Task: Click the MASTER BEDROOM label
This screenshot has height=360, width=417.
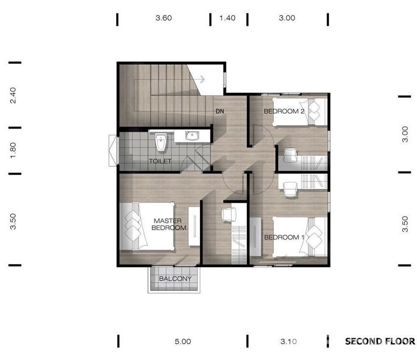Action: (169, 224)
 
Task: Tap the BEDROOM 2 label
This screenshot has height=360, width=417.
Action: (284, 112)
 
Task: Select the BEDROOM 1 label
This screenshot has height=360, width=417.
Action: (284, 237)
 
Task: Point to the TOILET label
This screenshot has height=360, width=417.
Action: (160, 161)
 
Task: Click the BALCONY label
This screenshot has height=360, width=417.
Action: (175, 279)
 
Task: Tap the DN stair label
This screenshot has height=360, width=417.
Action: (220, 112)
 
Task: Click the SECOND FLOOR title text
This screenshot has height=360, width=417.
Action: (380, 341)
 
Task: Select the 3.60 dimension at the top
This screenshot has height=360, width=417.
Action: (164, 18)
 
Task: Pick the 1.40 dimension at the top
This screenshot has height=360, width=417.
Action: (228, 18)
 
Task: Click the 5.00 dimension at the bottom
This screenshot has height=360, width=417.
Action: (183, 341)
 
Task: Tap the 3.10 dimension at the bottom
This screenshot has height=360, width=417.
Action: (289, 341)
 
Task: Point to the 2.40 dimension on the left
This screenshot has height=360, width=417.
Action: (13, 95)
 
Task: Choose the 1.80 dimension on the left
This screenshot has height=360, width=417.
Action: (13, 150)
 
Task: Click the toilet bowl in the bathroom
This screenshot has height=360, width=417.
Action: (161, 142)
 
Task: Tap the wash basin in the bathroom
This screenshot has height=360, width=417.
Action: (192, 135)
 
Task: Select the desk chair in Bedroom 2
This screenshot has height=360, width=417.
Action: (290, 155)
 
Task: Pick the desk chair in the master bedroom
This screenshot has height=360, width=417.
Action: (229, 214)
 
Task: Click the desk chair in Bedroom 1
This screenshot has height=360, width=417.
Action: (290, 189)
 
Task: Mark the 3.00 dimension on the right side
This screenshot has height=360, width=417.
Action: (404, 134)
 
